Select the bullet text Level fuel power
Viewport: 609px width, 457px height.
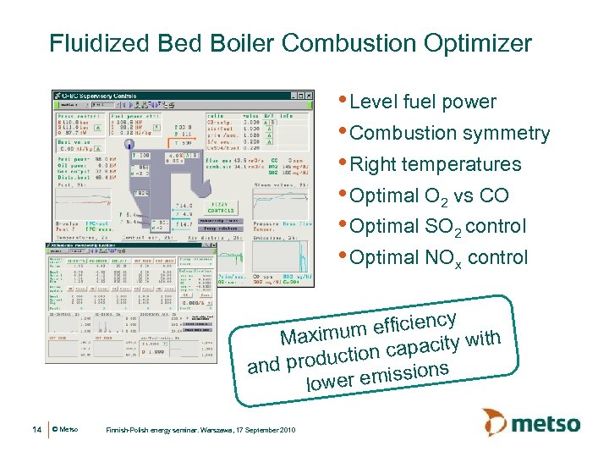pyautogui.click(x=422, y=102)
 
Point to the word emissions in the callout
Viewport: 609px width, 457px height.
pyautogui.click(x=403, y=374)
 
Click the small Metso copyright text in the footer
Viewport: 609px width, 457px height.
pyautogui.click(x=66, y=431)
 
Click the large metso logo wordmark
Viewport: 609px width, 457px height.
pyautogui.click(x=547, y=423)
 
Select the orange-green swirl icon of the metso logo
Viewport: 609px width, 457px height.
pyautogui.click(x=496, y=422)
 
